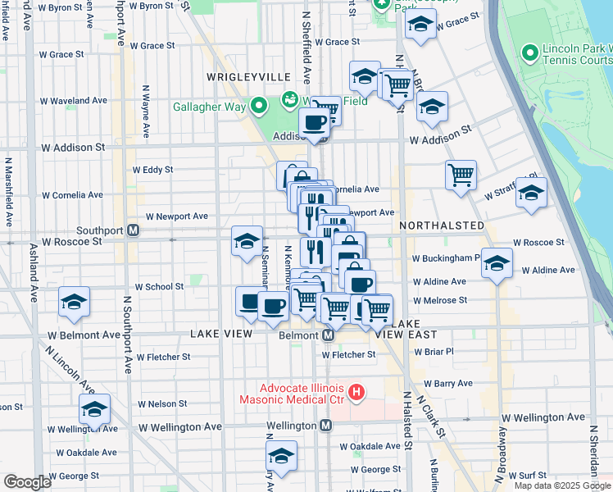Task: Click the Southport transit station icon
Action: point(132,230)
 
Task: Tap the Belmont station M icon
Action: point(328,335)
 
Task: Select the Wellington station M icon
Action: point(326,426)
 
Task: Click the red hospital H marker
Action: point(356,393)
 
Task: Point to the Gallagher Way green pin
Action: point(259,106)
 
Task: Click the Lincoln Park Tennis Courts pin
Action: point(529,53)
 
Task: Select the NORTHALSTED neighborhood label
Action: point(438,225)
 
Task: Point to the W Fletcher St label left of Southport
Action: point(163,357)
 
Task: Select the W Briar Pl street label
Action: point(434,352)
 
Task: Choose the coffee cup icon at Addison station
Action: point(314,122)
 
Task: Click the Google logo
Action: point(27,482)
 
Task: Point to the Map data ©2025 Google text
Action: point(561,485)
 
